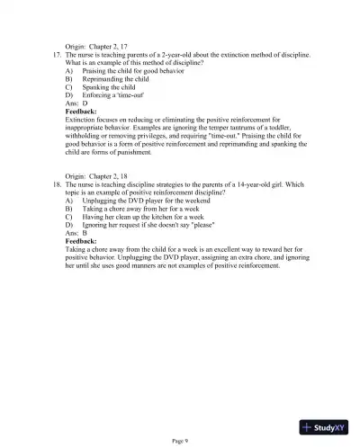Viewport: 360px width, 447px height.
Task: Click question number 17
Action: pos(52,55)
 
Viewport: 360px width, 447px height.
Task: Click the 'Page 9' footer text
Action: pos(180,438)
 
